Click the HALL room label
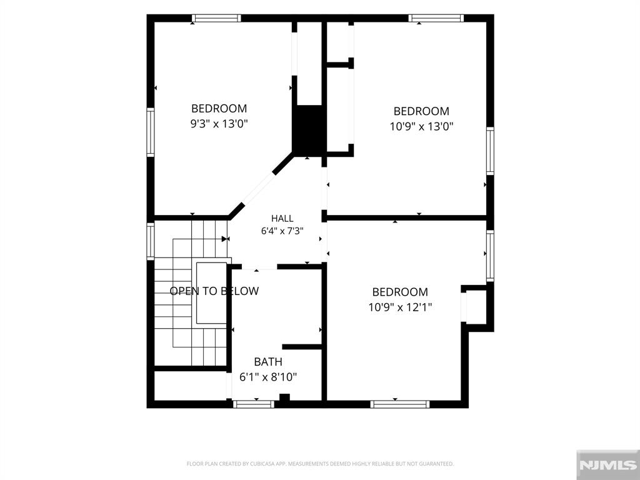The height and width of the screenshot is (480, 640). click(282, 218)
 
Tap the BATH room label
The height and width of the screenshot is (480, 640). click(268, 362)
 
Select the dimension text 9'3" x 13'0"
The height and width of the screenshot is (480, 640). click(219, 123)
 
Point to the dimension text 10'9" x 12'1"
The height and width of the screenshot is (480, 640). click(400, 307)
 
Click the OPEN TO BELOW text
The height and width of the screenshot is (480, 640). click(214, 291)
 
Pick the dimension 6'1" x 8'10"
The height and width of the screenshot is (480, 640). click(268, 377)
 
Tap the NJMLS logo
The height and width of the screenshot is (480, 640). click(607, 465)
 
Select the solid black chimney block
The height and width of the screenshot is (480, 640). click(309, 131)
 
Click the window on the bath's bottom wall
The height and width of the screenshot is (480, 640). click(254, 404)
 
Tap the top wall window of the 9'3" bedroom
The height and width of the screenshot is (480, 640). click(216, 18)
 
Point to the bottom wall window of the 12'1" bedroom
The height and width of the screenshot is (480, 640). click(400, 404)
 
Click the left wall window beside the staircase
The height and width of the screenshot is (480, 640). click(151, 241)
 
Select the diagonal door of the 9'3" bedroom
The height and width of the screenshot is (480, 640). click(259, 189)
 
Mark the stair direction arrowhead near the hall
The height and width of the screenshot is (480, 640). click(225, 239)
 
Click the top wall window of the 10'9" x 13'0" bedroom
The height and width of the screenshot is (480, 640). click(436, 18)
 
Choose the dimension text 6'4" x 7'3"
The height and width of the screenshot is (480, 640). click(282, 231)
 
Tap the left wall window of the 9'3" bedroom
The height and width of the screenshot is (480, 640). click(151, 132)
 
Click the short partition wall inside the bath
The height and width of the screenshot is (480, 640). click(302, 347)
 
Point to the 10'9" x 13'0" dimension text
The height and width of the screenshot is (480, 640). click(422, 126)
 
